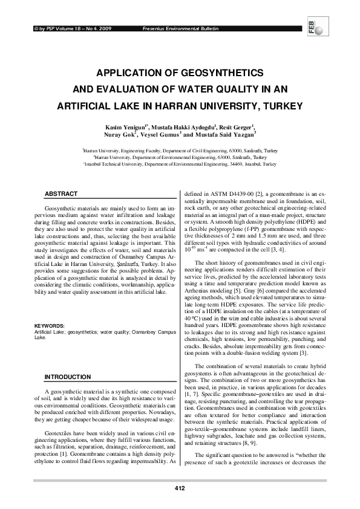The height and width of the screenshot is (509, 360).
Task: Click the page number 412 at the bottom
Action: pyautogui.click(x=179, y=488)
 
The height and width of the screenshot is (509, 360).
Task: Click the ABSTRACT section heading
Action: pyautogui.click(x=62, y=193)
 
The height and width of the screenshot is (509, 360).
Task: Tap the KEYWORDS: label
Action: pyautogui.click(x=50, y=326)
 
